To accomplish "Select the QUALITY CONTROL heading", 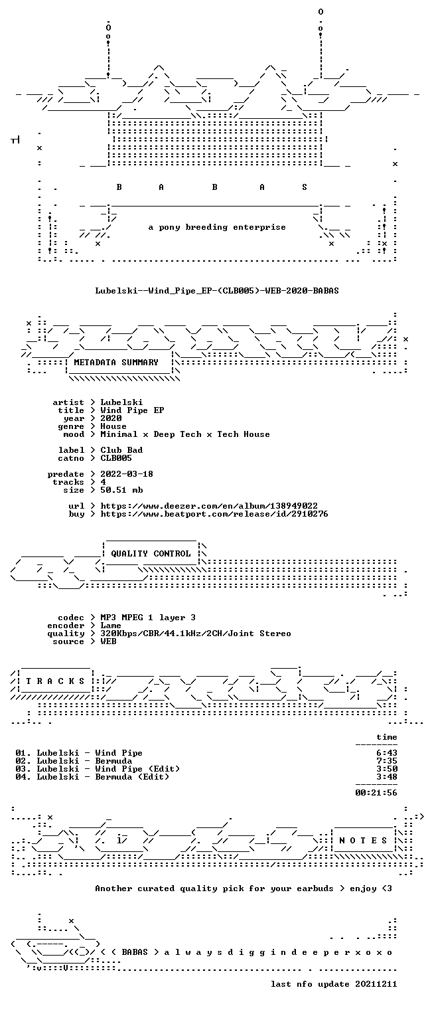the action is (x=151, y=554).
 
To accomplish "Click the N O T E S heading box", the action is (x=364, y=841).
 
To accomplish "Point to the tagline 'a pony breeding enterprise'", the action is (x=217, y=227).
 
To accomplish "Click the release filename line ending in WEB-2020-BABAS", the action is (x=217, y=291).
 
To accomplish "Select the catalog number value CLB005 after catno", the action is (x=116, y=458).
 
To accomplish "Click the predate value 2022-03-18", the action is (x=127, y=474).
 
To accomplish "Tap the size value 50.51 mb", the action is (x=121, y=490).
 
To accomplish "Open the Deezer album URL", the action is (x=208, y=506).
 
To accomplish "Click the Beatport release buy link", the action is (x=214, y=514).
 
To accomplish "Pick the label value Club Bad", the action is (x=121, y=450).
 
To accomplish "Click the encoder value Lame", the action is (x=111, y=626).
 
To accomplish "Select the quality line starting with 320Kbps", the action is (x=196, y=633).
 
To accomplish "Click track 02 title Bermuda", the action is (x=113, y=761).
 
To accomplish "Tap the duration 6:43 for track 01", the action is (x=387, y=753).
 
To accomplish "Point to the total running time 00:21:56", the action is (x=376, y=793).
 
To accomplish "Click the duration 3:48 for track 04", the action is (x=387, y=777).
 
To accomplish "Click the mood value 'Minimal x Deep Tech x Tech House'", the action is (x=185, y=434).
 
